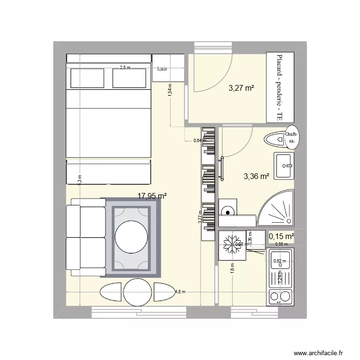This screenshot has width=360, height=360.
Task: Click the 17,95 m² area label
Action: (152, 196)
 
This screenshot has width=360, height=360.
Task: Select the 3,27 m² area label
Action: (241, 88)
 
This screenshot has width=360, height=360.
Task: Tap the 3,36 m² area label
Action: (256, 176)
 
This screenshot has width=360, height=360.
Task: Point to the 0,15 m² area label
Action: (281, 236)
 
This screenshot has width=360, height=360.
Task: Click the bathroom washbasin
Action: (284, 166)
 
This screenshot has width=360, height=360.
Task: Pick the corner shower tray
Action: (276, 212)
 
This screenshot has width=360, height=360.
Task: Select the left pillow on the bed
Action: (87, 78)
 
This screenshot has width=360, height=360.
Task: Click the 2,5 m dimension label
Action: (125, 68)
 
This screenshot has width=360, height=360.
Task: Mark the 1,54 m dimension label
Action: (169, 90)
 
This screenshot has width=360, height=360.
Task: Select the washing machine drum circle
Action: (227, 210)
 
